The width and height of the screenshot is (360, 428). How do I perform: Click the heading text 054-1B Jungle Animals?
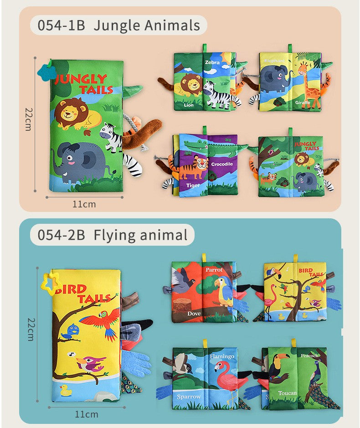(x=118, y=26)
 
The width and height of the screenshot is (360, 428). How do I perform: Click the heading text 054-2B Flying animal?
(x=112, y=235)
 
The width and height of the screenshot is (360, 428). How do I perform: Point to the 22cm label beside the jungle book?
(x=28, y=120)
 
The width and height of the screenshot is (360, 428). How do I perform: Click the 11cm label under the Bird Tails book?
(x=86, y=414)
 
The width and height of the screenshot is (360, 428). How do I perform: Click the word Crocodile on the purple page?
(x=222, y=164)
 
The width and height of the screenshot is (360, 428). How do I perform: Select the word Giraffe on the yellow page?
(x=302, y=103)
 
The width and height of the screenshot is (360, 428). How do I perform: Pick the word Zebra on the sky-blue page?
(x=212, y=62)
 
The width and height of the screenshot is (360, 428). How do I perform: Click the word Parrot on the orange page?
(x=214, y=270)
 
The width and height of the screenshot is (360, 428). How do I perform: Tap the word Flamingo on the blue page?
(x=222, y=356)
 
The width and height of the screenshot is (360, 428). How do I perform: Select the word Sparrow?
(x=189, y=397)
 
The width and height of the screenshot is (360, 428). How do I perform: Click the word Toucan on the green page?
(x=287, y=393)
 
